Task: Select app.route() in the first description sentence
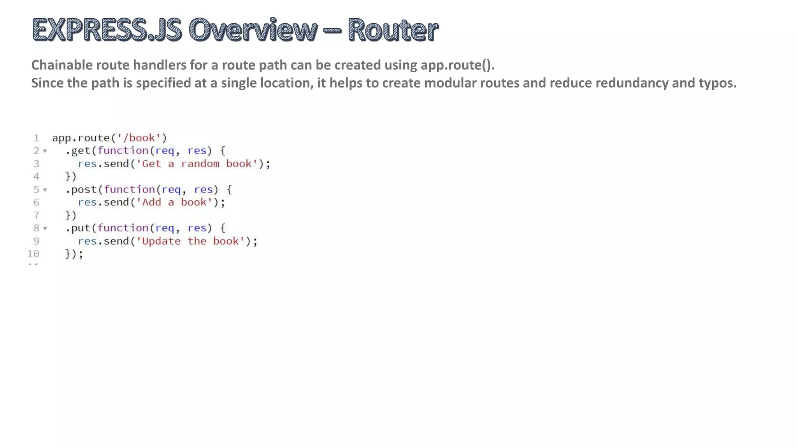pos(457,65)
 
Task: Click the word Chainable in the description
pos(62,65)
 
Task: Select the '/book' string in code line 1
pos(139,138)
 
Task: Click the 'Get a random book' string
pos(197,164)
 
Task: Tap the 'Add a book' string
pos(174,202)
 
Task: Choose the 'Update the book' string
pos(190,241)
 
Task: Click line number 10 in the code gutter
pos(33,254)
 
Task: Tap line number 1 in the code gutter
pos(36,138)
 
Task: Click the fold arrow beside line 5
pos(45,190)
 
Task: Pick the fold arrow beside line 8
pos(45,228)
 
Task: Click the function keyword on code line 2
pos(123,151)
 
